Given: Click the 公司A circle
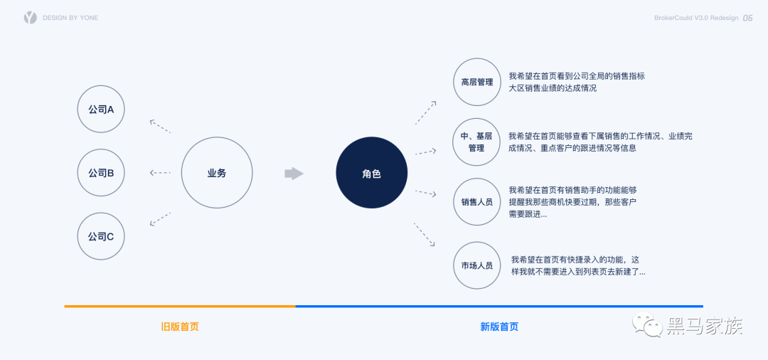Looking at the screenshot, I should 101,109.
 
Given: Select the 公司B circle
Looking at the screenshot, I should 101,173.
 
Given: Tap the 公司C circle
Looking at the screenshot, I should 101,236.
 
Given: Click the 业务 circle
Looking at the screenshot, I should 217,173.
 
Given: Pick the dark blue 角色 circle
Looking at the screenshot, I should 371,173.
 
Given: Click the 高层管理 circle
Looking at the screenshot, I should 476,82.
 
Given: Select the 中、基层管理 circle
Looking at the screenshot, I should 476,142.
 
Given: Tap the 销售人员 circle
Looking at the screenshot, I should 476,202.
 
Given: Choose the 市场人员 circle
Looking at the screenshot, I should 476,265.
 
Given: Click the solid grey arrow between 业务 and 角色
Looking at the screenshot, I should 294,174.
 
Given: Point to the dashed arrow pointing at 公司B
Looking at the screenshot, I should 160,173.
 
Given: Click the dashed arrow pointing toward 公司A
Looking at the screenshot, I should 160,126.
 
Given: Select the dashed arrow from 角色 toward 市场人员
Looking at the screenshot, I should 425,235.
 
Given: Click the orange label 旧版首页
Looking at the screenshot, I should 180,327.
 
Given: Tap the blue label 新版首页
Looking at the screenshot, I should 499,327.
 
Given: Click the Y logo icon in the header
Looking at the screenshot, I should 30,18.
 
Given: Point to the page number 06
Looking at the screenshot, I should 747,18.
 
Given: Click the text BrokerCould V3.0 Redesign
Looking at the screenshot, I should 695,18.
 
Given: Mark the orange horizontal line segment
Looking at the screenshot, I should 180,307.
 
